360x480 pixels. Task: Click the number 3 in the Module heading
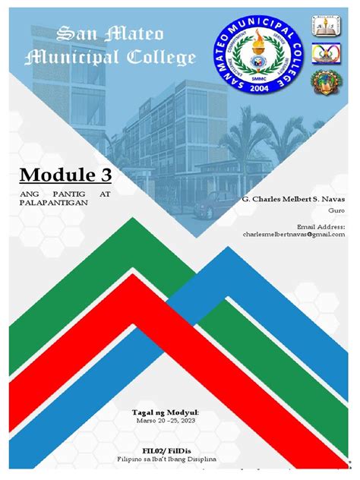point(103,176)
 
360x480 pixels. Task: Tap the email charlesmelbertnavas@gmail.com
point(294,235)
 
